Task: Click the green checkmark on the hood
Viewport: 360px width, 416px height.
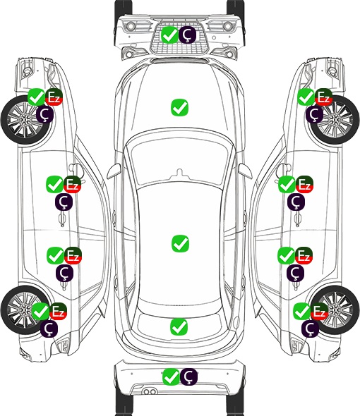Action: pos(179,107)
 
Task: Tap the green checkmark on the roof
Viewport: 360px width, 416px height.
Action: pos(180,243)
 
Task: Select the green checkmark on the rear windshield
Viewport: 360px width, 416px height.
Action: pos(179,326)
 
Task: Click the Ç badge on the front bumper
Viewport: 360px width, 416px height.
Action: pos(187,35)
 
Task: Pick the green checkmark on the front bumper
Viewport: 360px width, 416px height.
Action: pos(169,35)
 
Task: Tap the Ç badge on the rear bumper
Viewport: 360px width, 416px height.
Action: pos(188,377)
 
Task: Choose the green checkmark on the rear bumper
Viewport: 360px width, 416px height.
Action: pos(171,377)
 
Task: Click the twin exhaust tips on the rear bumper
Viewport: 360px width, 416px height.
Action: pos(150,391)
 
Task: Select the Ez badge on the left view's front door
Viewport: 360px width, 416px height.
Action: pos(73,185)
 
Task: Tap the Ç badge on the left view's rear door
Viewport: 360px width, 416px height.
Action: pos(64,273)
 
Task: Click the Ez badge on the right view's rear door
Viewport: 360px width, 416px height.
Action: pos(304,255)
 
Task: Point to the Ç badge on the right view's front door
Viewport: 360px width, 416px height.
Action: pos(296,202)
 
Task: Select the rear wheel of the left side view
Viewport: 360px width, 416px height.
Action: pos(25,310)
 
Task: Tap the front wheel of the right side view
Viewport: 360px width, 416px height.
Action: pos(335,120)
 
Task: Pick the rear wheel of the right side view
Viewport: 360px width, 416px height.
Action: pos(335,310)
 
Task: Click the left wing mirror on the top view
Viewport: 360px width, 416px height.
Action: pos(114,171)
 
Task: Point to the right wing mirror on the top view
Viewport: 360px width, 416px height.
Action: pos(245,171)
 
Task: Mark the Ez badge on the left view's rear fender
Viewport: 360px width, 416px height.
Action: pos(58,311)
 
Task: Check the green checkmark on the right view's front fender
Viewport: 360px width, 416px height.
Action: pos(306,97)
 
